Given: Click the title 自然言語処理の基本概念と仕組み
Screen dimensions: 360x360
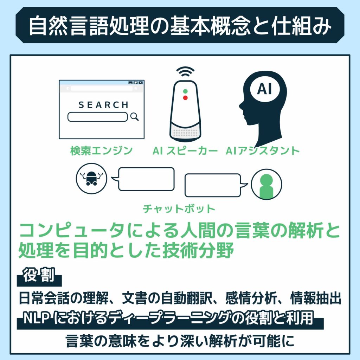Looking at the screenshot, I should pos(180,25).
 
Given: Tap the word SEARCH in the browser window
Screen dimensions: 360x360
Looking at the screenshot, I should pos(103,105).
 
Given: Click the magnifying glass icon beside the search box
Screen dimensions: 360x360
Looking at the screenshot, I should pos(134,117).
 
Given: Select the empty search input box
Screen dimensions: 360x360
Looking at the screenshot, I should pos(97,117).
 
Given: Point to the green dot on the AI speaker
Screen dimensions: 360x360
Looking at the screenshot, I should pos(185,91).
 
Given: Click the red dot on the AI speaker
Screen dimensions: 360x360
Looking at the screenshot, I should pos(185,98).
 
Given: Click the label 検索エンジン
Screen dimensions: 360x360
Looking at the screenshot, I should pos(101,151).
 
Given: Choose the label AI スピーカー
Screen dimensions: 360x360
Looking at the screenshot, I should pos(185,151).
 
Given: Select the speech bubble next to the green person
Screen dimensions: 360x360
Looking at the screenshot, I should pos(213,185).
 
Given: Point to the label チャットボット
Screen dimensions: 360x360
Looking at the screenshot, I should pos(179,209).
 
